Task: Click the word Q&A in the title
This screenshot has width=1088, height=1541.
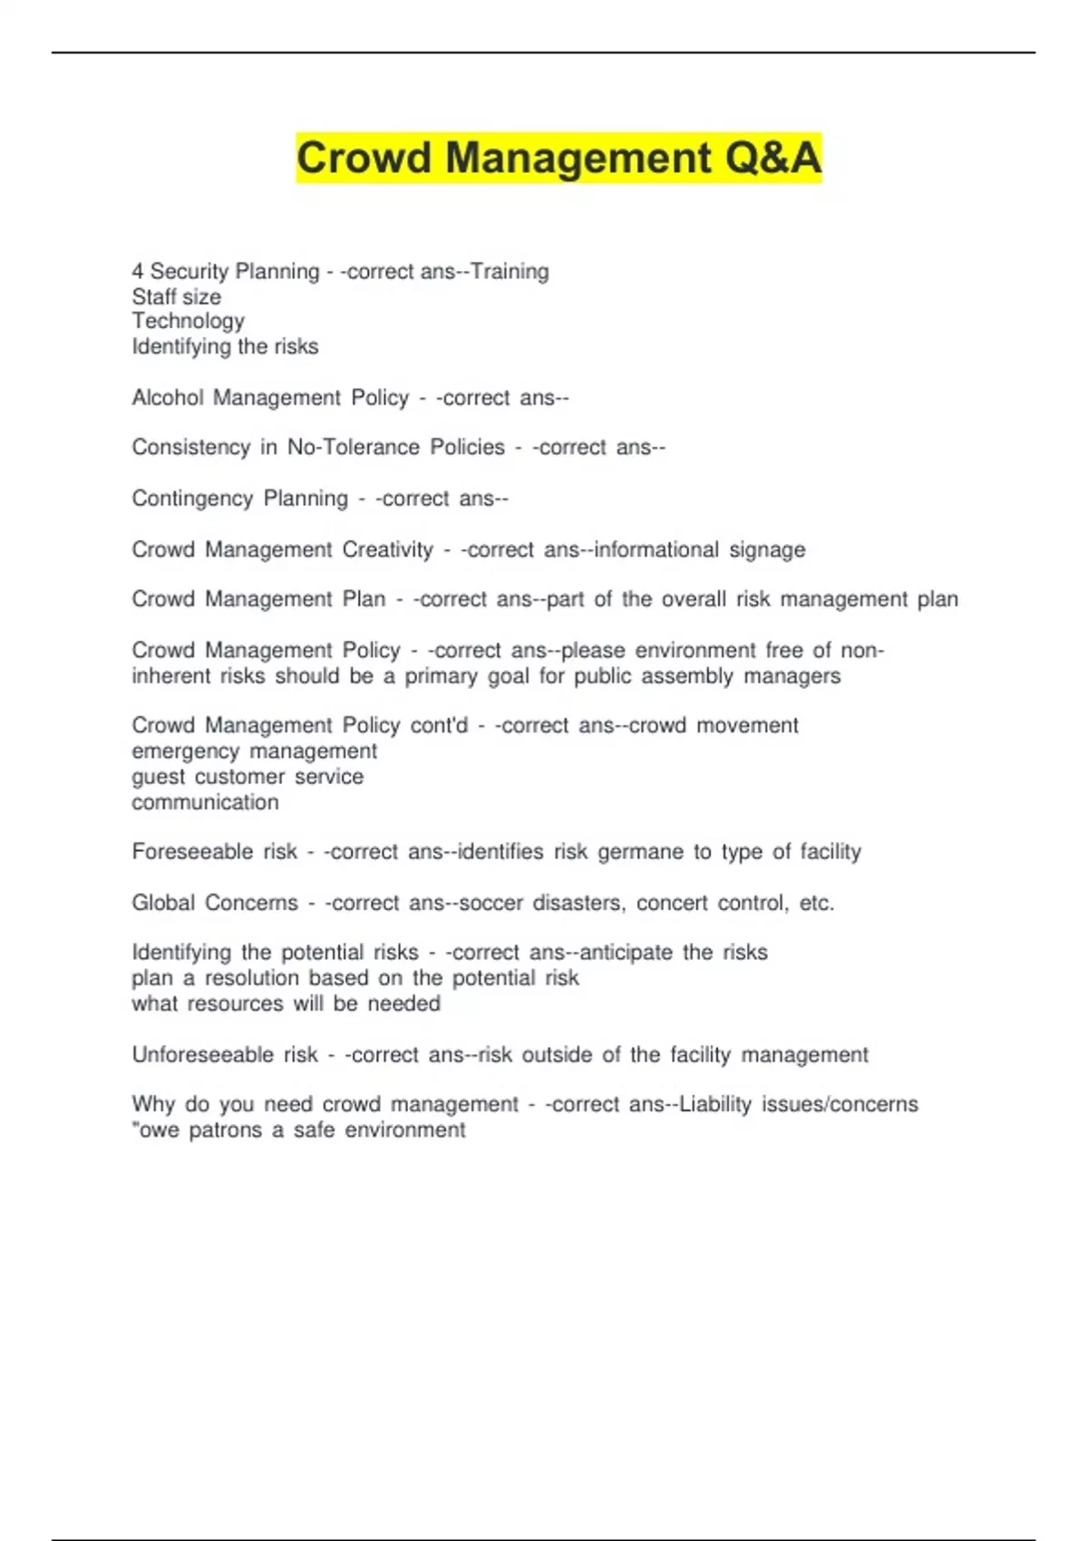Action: pos(772,158)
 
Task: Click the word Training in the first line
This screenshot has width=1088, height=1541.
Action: pos(510,271)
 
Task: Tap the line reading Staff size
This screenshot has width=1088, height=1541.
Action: pos(176,296)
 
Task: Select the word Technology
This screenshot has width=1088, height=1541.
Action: pos(188,321)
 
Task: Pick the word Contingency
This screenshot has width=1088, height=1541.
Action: pos(191,499)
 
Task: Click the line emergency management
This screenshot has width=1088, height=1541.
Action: pos(254,751)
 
